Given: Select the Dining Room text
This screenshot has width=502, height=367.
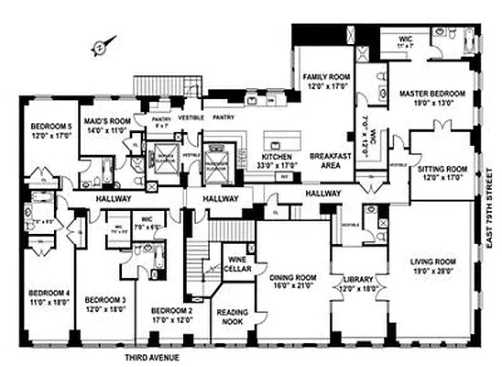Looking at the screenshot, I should (292, 277).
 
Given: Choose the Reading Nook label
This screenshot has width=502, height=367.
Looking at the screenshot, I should (233, 317).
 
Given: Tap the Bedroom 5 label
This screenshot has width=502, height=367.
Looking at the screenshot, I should (50, 126).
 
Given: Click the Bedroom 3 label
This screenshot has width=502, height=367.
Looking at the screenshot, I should (104, 299).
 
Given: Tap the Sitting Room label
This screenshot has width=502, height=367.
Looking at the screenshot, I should (443, 170).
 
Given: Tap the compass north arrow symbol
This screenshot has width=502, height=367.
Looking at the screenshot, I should (107, 42).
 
